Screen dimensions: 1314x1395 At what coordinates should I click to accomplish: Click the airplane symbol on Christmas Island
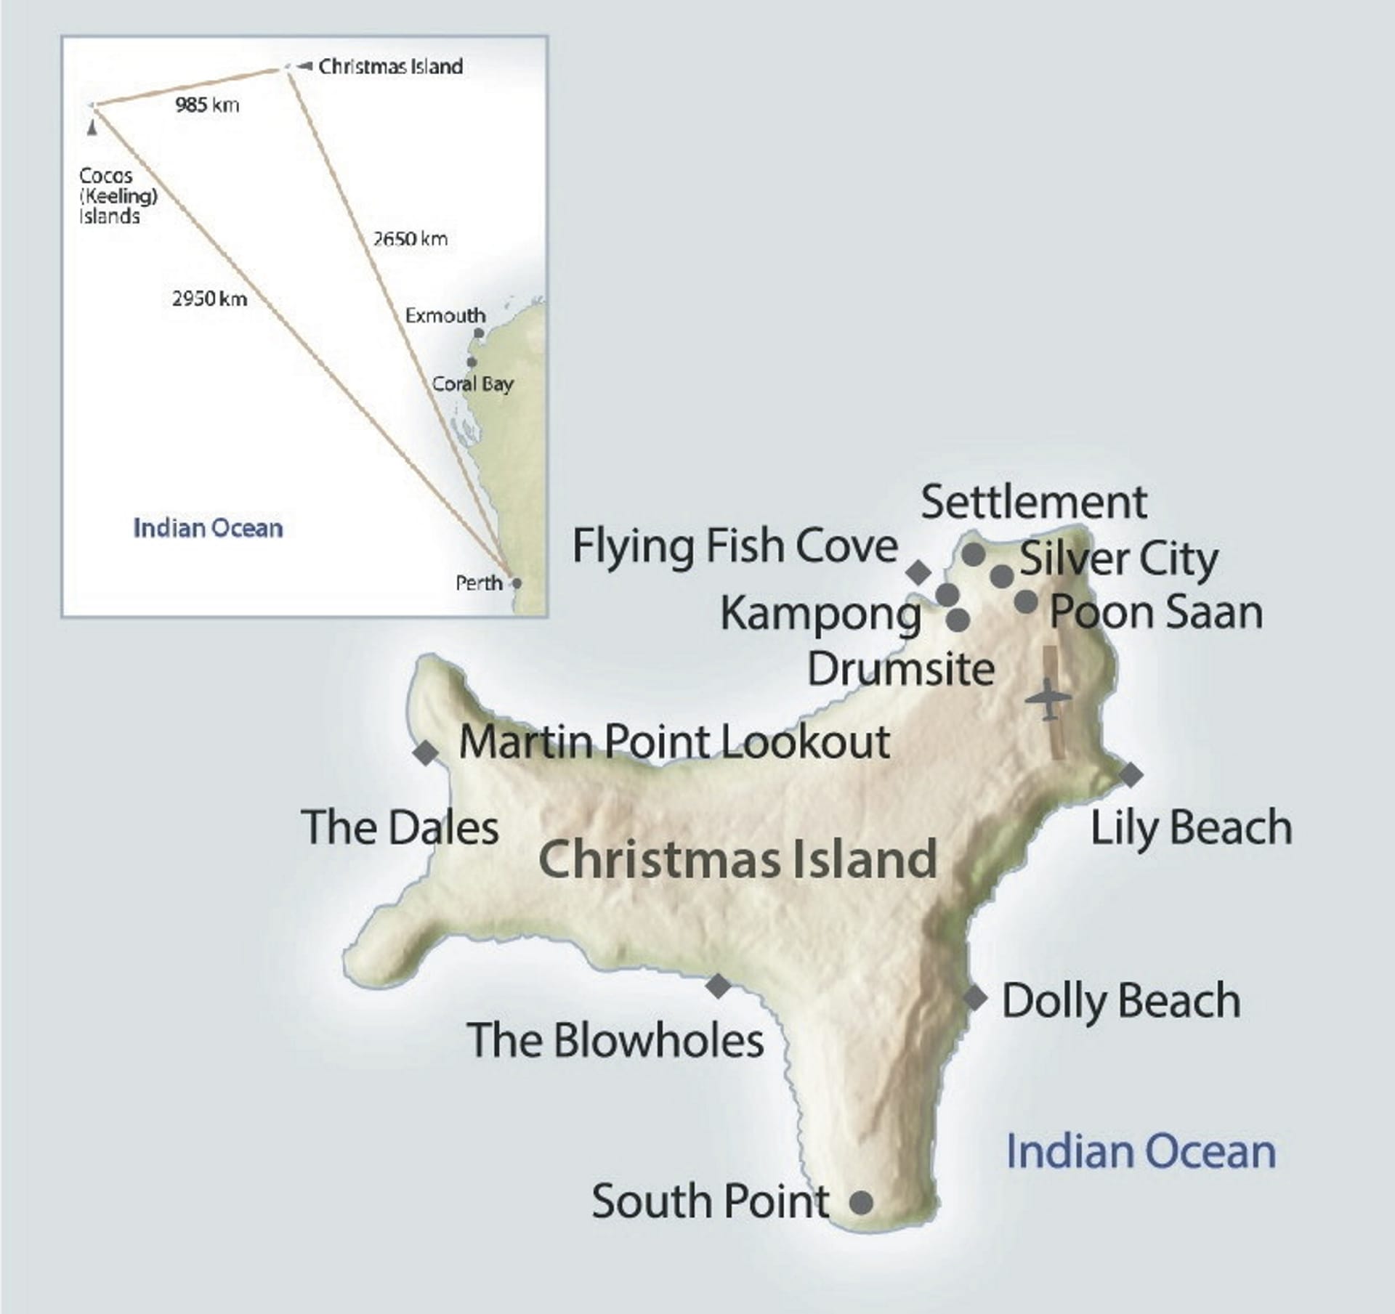click(x=1048, y=699)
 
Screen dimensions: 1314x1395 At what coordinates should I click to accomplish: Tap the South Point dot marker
click(x=861, y=1203)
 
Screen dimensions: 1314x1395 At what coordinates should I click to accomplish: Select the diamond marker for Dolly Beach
click(x=974, y=999)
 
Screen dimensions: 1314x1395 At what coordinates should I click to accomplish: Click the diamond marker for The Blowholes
click(x=719, y=986)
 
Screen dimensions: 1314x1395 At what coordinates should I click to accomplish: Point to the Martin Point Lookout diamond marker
click(x=426, y=753)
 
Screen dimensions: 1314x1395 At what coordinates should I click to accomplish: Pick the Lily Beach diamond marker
click(x=1131, y=774)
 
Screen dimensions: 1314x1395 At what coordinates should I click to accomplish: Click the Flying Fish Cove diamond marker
click(x=918, y=572)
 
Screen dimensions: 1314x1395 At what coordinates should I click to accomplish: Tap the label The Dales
click(x=400, y=827)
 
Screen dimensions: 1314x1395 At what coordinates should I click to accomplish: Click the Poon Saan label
click(x=1156, y=612)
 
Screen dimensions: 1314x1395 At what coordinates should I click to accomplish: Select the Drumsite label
click(x=901, y=668)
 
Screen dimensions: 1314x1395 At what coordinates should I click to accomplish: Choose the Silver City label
click(x=1119, y=559)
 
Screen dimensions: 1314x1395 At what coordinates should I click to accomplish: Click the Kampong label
click(x=820, y=614)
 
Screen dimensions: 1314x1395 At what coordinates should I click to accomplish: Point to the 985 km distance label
click(x=207, y=105)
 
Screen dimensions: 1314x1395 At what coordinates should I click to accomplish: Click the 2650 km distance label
click(x=411, y=239)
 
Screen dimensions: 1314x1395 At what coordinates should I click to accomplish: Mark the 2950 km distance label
click(x=209, y=299)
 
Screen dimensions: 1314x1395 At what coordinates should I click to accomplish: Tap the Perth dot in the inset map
click(x=516, y=583)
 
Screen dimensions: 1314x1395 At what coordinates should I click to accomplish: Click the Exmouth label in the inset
click(x=445, y=316)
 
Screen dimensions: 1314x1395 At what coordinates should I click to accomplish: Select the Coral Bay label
click(x=472, y=384)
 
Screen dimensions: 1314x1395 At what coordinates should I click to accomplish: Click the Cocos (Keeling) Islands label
click(x=118, y=196)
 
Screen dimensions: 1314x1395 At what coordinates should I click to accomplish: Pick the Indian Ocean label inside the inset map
click(x=208, y=528)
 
